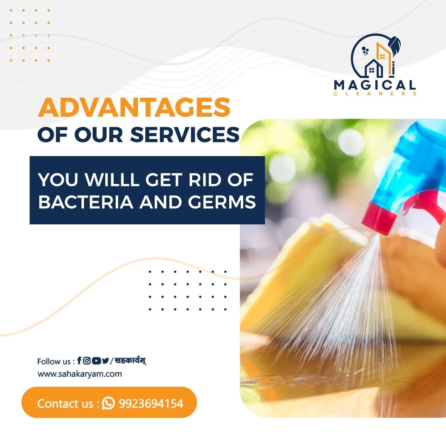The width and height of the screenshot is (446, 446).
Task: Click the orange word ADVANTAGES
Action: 134,108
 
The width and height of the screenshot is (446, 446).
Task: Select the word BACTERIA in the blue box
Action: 86,202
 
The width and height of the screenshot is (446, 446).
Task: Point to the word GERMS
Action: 222,202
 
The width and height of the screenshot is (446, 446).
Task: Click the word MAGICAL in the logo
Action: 375,85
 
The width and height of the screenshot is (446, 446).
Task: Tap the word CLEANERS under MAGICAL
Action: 375,94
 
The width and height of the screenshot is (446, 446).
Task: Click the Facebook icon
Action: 79,360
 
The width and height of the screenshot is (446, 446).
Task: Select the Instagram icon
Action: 86,361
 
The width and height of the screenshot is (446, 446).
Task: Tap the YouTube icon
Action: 96,361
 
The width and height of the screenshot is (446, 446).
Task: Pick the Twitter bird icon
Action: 105,361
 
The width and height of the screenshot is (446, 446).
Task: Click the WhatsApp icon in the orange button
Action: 108,403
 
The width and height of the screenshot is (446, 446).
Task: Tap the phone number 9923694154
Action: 151,403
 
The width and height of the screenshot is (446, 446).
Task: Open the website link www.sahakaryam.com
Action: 80,374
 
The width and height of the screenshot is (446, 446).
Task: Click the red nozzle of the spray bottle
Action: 379,219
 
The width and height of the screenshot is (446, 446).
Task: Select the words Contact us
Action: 65,403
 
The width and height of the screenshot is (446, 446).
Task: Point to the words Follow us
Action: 54,361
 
